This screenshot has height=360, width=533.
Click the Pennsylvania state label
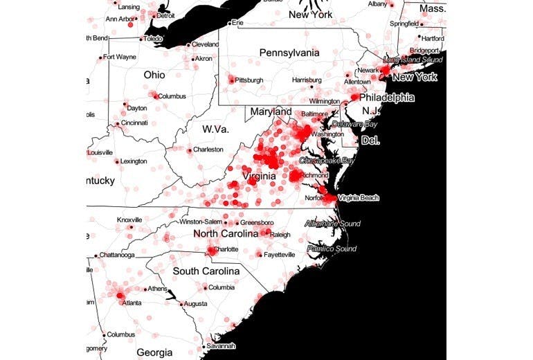[289, 53]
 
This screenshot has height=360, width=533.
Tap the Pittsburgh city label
[249, 80]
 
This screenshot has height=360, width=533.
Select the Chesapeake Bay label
[326, 160]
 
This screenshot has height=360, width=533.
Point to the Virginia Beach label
[359, 198]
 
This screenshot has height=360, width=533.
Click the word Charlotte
[224, 249]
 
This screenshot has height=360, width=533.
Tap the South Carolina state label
[206, 271]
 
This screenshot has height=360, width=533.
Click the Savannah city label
[221, 345]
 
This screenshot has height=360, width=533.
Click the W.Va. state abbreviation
[215, 129]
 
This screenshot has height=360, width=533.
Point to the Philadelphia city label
[386, 98]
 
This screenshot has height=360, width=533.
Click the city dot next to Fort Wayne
[101, 57]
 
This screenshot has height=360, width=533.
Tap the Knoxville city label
[129, 219]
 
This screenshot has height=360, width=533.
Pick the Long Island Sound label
[413, 60]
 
